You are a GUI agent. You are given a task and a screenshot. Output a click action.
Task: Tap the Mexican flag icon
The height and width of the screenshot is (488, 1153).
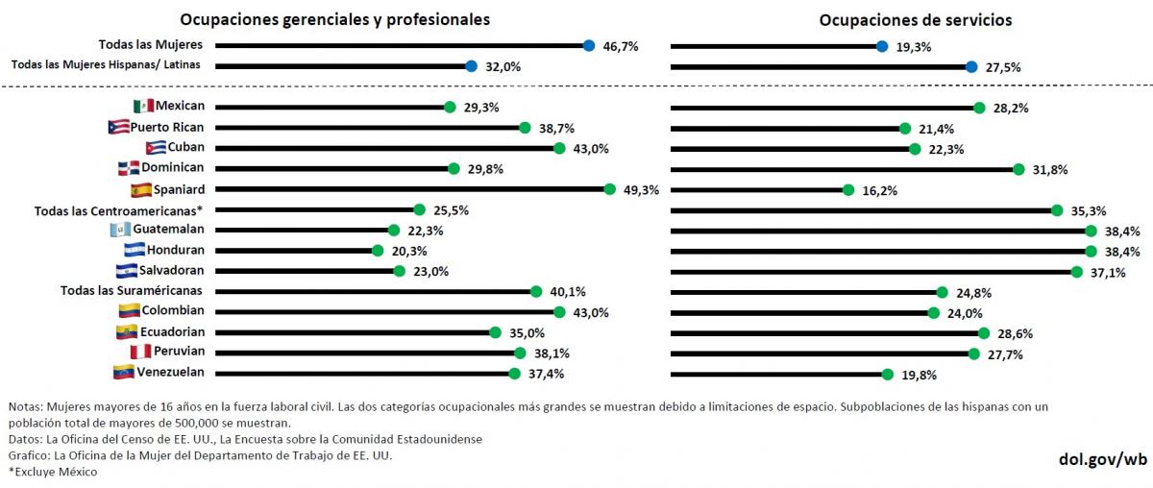click(x=143, y=106)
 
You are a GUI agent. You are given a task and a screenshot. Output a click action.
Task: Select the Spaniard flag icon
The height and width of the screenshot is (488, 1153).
click(x=140, y=189)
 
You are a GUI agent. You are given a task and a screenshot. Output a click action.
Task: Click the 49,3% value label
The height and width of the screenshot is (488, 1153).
click(x=641, y=190)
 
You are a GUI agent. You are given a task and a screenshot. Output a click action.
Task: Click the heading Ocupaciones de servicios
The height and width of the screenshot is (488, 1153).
click(x=915, y=19)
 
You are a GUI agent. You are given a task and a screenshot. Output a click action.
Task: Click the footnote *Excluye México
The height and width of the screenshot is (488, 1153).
click(x=53, y=472)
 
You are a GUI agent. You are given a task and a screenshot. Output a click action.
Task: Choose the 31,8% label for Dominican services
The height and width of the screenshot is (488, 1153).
click(x=1049, y=170)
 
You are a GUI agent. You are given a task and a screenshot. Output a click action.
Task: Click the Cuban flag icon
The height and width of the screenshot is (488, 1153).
click(x=156, y=148)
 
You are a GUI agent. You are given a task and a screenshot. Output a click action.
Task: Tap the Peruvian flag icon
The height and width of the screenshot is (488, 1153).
click(x=140, y=352)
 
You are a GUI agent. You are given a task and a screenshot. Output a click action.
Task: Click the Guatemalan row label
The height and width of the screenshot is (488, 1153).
click(x=168, y=230)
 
